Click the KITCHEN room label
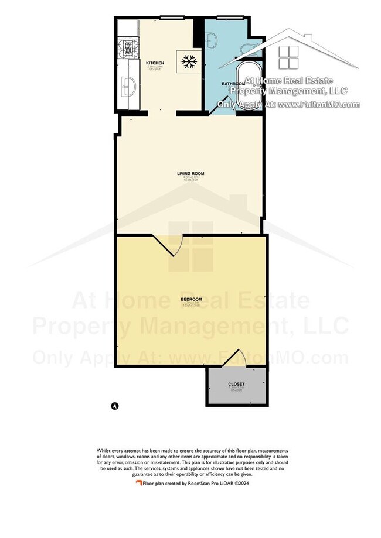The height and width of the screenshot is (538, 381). pos(155,63)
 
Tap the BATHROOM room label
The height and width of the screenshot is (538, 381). pos(233,84)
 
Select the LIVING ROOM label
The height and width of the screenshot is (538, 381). pos(190,174)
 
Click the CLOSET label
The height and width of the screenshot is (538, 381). pos(236,384)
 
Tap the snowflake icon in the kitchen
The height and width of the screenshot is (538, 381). pos(189,61)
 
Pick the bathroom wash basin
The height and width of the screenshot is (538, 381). pos(212,40)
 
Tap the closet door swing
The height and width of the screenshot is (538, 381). pos(237,358)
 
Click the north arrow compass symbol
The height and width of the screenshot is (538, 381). pos(115,405)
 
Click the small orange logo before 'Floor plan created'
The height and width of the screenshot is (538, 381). pos(139,484)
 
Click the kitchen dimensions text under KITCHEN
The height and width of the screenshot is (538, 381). pos(155,68)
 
